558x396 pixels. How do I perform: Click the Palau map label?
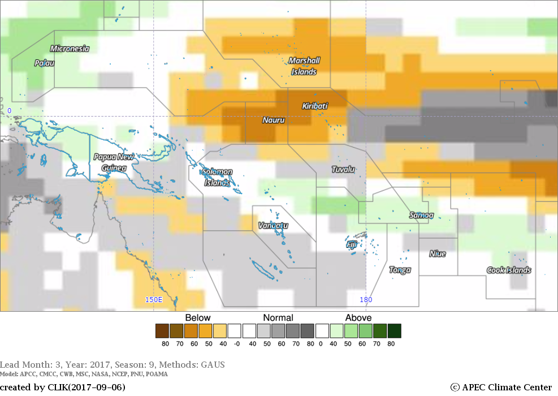pos(44,63)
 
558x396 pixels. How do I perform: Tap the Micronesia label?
pos(70,49)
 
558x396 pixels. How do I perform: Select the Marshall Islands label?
pos(304,66)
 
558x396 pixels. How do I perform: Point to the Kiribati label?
pos(315,106)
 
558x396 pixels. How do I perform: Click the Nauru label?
pos(274,120)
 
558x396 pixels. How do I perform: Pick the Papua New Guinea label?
pos(114,162)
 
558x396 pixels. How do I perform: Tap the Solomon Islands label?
pos(218,177)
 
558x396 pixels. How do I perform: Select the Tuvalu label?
pos(343,169)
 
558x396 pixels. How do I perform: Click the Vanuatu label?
pos(273,225)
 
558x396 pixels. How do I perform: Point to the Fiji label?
pos(352,244)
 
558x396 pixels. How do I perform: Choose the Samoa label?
pos(421,215)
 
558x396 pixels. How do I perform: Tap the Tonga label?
pos(400,270)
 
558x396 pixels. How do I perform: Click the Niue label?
pos(438,253)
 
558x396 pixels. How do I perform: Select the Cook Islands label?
pos(509,270)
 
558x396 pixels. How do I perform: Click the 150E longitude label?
pos(154,300)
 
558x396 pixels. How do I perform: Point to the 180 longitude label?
pos(366,300)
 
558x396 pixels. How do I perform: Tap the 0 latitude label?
pos(9,111)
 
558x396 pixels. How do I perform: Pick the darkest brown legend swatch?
pos(162,331)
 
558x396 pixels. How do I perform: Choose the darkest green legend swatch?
pos(395,331)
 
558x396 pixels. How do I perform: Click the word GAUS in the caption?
pos(213,365)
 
